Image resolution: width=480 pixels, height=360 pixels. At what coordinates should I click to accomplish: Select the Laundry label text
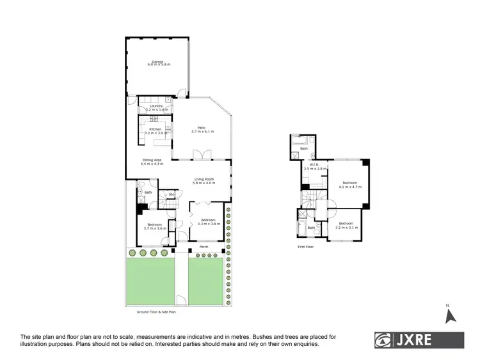(157, 107)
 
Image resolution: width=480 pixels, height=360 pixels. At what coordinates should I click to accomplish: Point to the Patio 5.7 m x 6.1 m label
(202, 130)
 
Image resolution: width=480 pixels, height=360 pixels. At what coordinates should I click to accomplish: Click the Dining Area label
(152, 162)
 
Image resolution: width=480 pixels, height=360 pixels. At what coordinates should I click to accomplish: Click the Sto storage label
(172, 194)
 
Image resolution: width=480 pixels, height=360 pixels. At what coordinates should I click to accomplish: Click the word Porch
(204, 247)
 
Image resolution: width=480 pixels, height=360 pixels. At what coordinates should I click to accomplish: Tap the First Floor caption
(305, 246)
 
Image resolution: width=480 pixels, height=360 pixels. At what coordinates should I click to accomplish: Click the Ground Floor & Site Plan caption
(157, 311)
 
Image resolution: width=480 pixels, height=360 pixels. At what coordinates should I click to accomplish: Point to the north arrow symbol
(450, 315)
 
